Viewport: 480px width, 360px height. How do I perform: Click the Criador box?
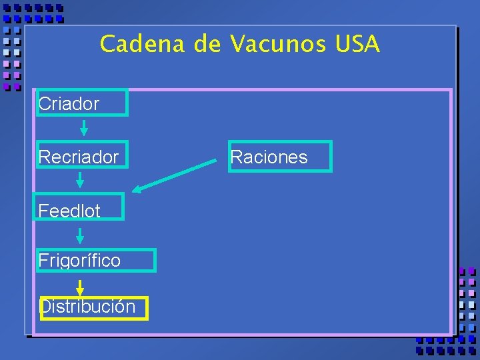tap(82, 103)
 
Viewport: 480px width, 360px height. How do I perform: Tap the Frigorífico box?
tap(97, 260)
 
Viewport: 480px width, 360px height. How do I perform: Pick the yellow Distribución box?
tap(94, 307)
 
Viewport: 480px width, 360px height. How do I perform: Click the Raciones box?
tap(280, 157)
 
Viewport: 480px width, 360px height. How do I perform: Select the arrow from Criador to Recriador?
tap(84, 127)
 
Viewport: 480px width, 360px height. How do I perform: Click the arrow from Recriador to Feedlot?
tap(80, 179)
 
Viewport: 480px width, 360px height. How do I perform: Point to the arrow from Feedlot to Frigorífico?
tap(80, 235)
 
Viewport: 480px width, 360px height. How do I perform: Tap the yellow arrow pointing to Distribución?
tap(80, 288)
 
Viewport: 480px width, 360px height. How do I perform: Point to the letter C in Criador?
tap(44, 104)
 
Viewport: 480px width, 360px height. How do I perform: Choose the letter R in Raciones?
tap(235, 157)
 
